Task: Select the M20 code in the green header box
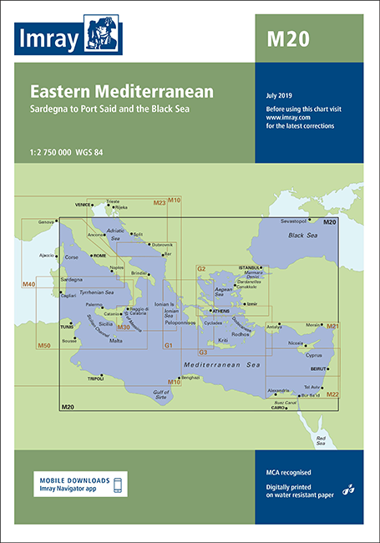click(283, 38)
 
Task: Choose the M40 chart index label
click(28, 285)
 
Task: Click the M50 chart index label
click(45, 345)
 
